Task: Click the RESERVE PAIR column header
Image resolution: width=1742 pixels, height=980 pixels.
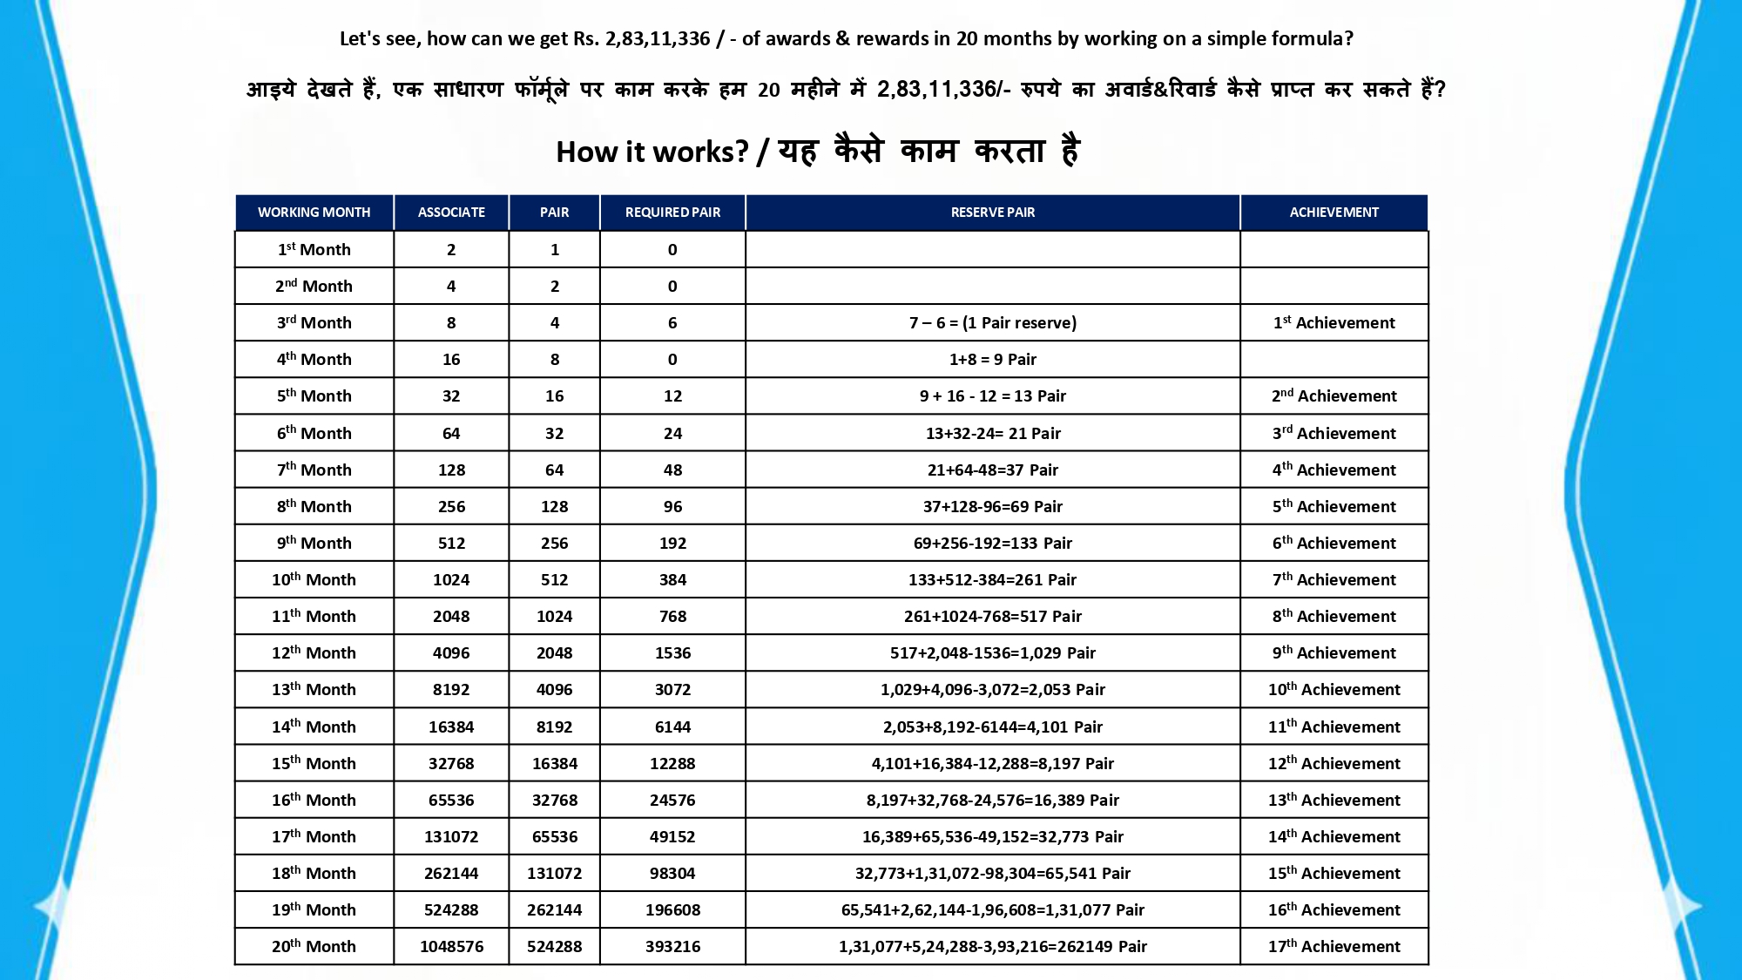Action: pyautogui.click(x=992, y=213)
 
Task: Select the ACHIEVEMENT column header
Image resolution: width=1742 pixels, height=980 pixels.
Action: pyautogui.click(x=1334, y=213)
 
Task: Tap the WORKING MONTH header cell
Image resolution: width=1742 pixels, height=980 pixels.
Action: pyautogui.click(x=314, y=213)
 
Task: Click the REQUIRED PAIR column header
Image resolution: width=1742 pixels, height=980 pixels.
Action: pyautogui.click(x=672, y=213)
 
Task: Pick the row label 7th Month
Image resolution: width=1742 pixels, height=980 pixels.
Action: pyautogui.click(x=314, y=470)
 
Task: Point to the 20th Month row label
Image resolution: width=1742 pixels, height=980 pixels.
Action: pyautogui.click(x=314, y=946)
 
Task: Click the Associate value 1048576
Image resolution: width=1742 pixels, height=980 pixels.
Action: pyautogui.click(x=451, y=946)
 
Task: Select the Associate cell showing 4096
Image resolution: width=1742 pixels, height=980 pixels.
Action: pyautogui.click(x=451, y=652)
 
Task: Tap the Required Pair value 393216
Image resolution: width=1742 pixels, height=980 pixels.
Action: pyautogui.click(x=672, y=946)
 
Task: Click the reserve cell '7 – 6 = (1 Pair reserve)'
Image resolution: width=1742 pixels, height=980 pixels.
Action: pyautogui.click(x=992, y=323)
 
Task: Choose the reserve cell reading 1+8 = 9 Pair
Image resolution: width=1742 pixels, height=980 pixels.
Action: pyautogui.click(x=992, y=360)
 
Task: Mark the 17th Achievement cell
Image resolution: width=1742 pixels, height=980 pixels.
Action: pyautogui.click(x=1334, y=946)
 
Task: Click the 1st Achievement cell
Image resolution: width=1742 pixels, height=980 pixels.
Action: pyautogui.click(x=1334, y=323)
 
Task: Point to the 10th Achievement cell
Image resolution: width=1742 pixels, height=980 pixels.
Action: pyautogui.click(x=1334, y=689)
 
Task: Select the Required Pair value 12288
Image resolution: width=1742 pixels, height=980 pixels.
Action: pyautogui.click(x=672, y=763)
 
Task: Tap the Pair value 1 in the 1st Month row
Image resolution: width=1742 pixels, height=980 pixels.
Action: pyautogui.click(x=555, y=250)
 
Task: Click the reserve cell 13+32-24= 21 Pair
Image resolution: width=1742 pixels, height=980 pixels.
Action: pyautogui.click(x=992, y=433)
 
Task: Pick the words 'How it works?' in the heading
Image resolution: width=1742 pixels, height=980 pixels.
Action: pyautogui.click(x=652, y=152)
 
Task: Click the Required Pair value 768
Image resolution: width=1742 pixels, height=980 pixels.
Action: pyautogui.click(x=672, y=616)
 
